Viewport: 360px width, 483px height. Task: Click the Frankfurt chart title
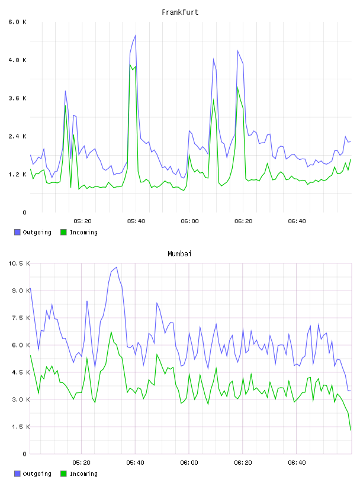point(180,12)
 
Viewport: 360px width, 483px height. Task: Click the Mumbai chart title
point(179,254)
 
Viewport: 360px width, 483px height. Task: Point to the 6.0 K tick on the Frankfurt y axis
point(18,22)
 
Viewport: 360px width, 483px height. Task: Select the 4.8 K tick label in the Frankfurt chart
point(18,60)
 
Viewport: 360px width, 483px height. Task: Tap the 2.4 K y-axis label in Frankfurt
point(18,136)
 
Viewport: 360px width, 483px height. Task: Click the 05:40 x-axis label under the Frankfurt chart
point(136,221)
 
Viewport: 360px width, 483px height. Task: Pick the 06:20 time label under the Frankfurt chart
point(243,221)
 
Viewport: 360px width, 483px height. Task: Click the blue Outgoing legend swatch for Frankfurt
point(17,232)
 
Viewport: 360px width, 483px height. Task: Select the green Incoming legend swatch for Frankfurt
point(63,232)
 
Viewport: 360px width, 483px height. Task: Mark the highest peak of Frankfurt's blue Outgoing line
point(136,36)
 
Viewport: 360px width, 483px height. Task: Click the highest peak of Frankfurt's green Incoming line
point(130,65)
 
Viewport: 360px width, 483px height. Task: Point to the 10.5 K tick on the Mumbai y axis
point(19,263)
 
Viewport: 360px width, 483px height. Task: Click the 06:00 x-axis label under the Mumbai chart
point(189,462)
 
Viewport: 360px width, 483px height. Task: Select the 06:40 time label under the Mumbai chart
point(297,462)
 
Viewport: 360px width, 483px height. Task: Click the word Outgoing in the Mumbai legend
point(37,474)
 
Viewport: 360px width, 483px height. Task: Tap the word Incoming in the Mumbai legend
point(83,474)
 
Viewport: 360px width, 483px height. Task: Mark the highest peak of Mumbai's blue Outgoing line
point(116,267)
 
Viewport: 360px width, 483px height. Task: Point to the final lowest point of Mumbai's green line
point(351,430)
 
